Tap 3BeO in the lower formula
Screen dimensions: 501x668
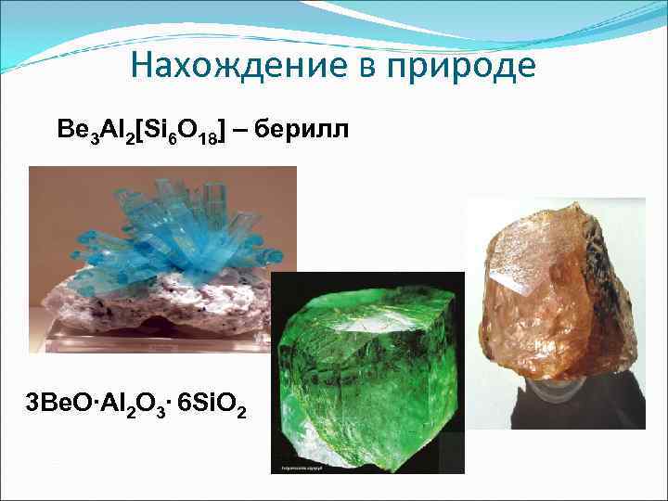click(58, 405)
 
